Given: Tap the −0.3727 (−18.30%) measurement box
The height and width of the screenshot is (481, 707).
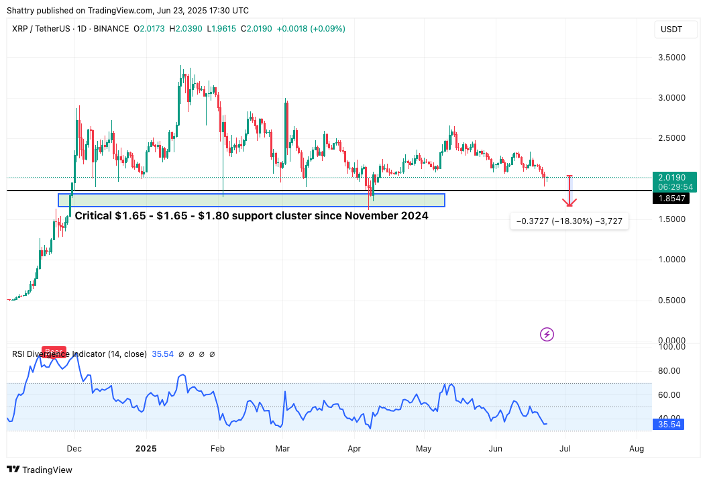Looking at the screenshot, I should coord(569,221).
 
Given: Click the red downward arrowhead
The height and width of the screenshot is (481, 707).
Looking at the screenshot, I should coord(569,202).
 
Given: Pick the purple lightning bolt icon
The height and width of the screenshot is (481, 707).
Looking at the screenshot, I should coord(547,334).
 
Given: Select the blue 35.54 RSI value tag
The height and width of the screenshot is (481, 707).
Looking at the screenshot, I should coord(669,424).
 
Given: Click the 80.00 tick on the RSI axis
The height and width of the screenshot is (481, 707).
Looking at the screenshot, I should coord(669,370).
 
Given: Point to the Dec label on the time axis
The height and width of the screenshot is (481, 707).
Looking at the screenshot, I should coord(74,448).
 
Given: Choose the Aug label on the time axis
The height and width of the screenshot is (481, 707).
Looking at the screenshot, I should coord(637,448).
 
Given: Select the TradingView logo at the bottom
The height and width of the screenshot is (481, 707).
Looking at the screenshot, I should coord(40,470).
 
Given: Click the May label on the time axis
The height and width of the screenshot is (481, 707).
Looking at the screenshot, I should coord(423,448).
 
